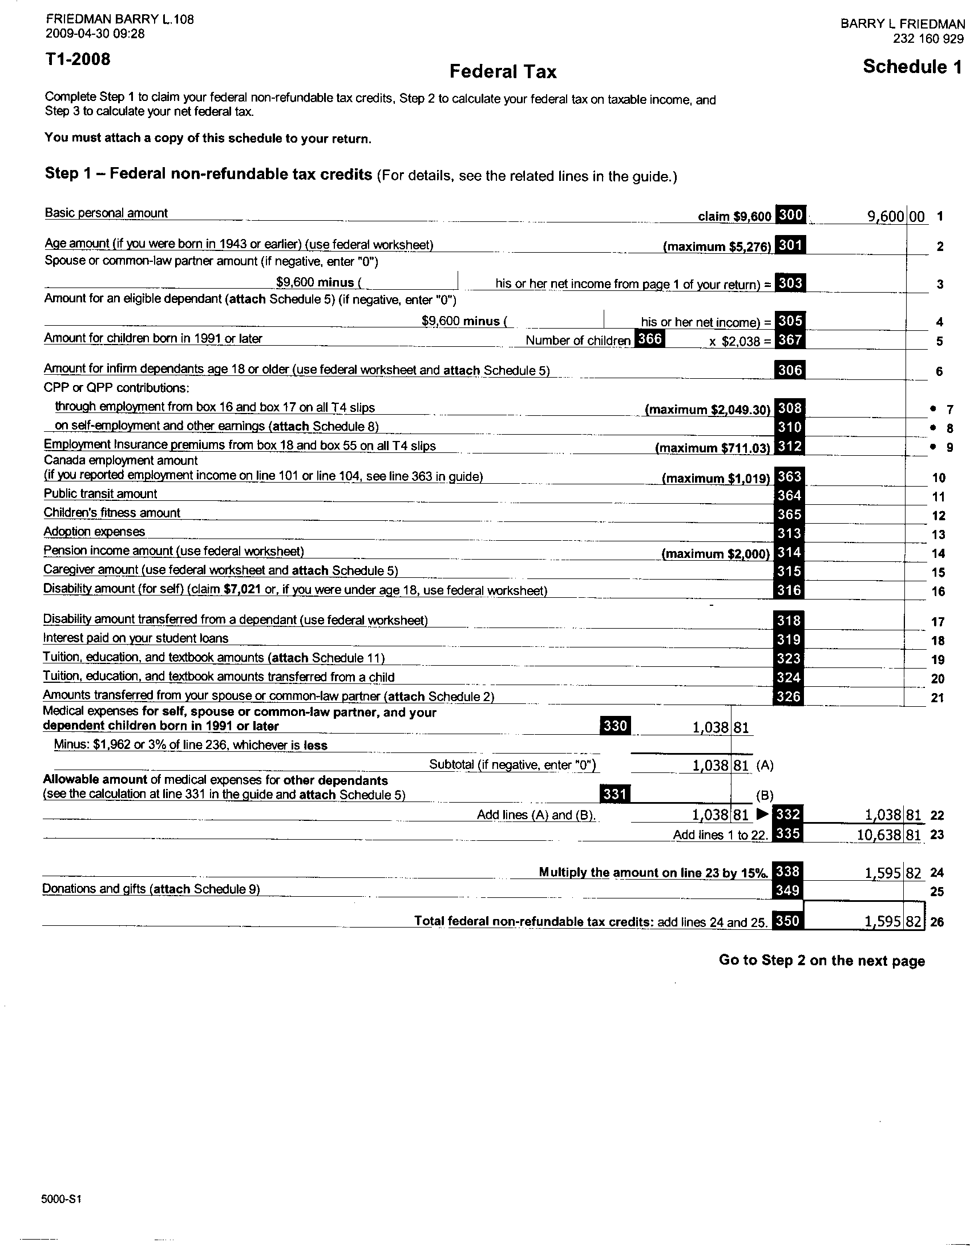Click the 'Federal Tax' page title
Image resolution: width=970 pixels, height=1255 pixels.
(503, 71)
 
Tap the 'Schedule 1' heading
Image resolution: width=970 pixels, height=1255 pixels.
(911, 67)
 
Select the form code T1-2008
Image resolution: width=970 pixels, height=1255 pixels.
(78, 59)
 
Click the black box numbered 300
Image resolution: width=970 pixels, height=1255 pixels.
(790, 214)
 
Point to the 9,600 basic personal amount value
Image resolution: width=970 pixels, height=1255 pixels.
(885, 217)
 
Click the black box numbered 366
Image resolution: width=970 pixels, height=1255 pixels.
(650, 338)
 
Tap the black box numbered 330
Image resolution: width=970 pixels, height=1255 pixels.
(615, 726)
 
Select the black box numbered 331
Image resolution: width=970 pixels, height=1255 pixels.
(615, 794)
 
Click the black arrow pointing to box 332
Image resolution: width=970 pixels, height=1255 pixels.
(762, 813)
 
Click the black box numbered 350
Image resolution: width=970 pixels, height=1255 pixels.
(787, 921)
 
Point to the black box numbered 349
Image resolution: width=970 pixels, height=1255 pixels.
(787, 890)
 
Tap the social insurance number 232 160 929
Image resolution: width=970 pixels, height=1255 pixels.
(928, 38)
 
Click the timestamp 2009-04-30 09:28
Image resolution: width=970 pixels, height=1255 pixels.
(95, 33)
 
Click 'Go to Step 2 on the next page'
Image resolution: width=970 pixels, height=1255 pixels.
(822, 961)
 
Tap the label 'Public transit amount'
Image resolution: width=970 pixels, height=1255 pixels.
(100, 493)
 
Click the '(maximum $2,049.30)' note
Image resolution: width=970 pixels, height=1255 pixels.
(708, 410)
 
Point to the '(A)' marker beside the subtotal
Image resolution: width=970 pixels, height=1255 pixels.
(765, 765)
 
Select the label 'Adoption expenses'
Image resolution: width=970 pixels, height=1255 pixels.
(94, 532)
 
